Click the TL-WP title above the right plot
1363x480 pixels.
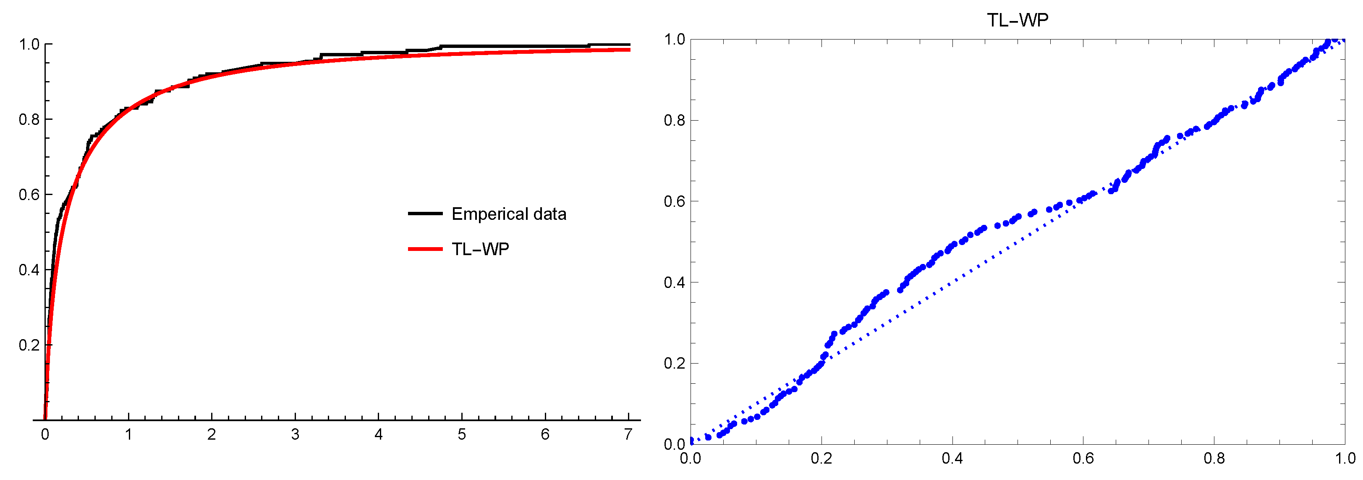(1017, 20)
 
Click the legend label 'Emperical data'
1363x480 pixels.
(508, 214)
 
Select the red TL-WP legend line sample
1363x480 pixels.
(425, 249)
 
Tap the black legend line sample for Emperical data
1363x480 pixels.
(425, 214)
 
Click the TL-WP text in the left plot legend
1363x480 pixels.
(480, 249)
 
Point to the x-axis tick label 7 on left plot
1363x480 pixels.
(628, 435)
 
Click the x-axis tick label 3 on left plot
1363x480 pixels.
(295, 435)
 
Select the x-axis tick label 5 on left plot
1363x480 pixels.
(461, 435)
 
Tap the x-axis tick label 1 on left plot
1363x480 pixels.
(128, 435)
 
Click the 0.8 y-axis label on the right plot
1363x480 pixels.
(674, 121)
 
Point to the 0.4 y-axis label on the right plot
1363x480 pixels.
(674, 282)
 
